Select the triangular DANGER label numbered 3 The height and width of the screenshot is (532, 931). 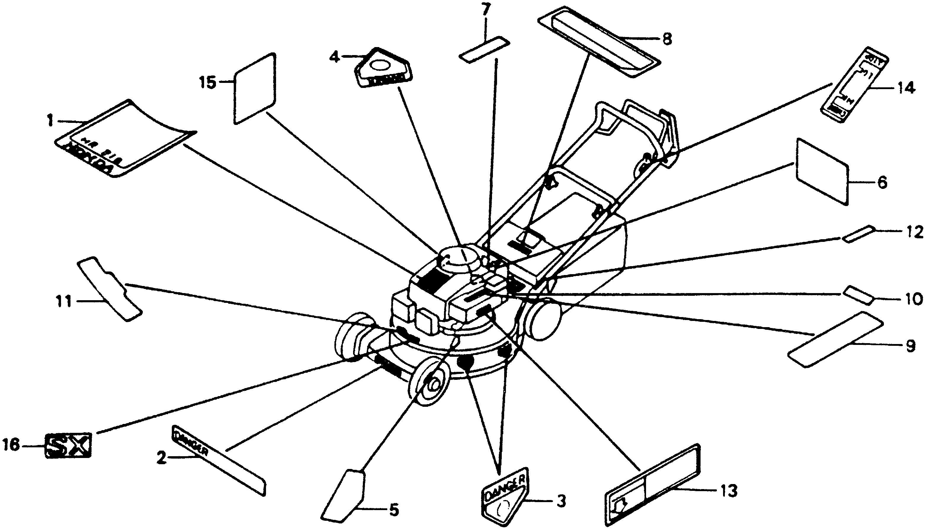click(505, 496)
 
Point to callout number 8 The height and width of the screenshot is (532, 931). click(667, 39)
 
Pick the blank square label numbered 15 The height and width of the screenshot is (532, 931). click(254, 89)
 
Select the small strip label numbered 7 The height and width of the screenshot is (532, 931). click(484, 50)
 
